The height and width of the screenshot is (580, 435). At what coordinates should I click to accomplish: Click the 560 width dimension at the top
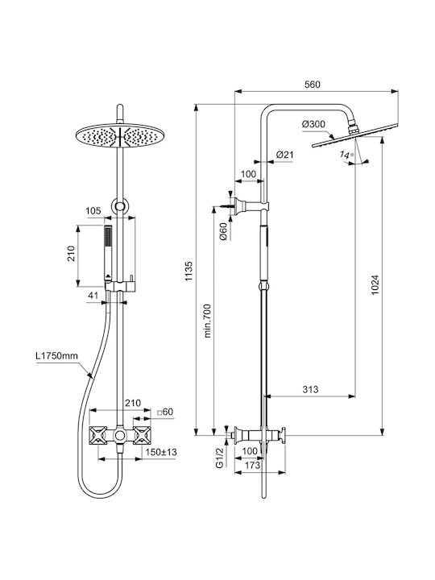313,85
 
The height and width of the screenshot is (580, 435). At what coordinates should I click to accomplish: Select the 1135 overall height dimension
189,271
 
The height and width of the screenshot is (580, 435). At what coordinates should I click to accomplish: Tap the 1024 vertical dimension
375,284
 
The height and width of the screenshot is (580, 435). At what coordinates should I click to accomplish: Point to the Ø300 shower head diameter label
313,124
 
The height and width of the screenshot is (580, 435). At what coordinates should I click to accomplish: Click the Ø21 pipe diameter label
284,155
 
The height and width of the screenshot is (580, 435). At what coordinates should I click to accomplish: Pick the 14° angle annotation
346,155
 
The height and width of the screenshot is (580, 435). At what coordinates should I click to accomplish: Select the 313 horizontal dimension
310,390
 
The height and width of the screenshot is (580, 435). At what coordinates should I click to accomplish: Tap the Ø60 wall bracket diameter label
223,232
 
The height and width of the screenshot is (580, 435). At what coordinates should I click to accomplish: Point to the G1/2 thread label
220,458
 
